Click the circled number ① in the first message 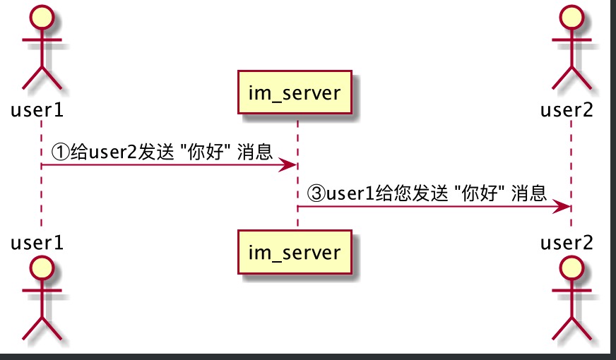pyautogui.click(x=61, y=151)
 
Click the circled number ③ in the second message pyautogui.click(x=316, y=193)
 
